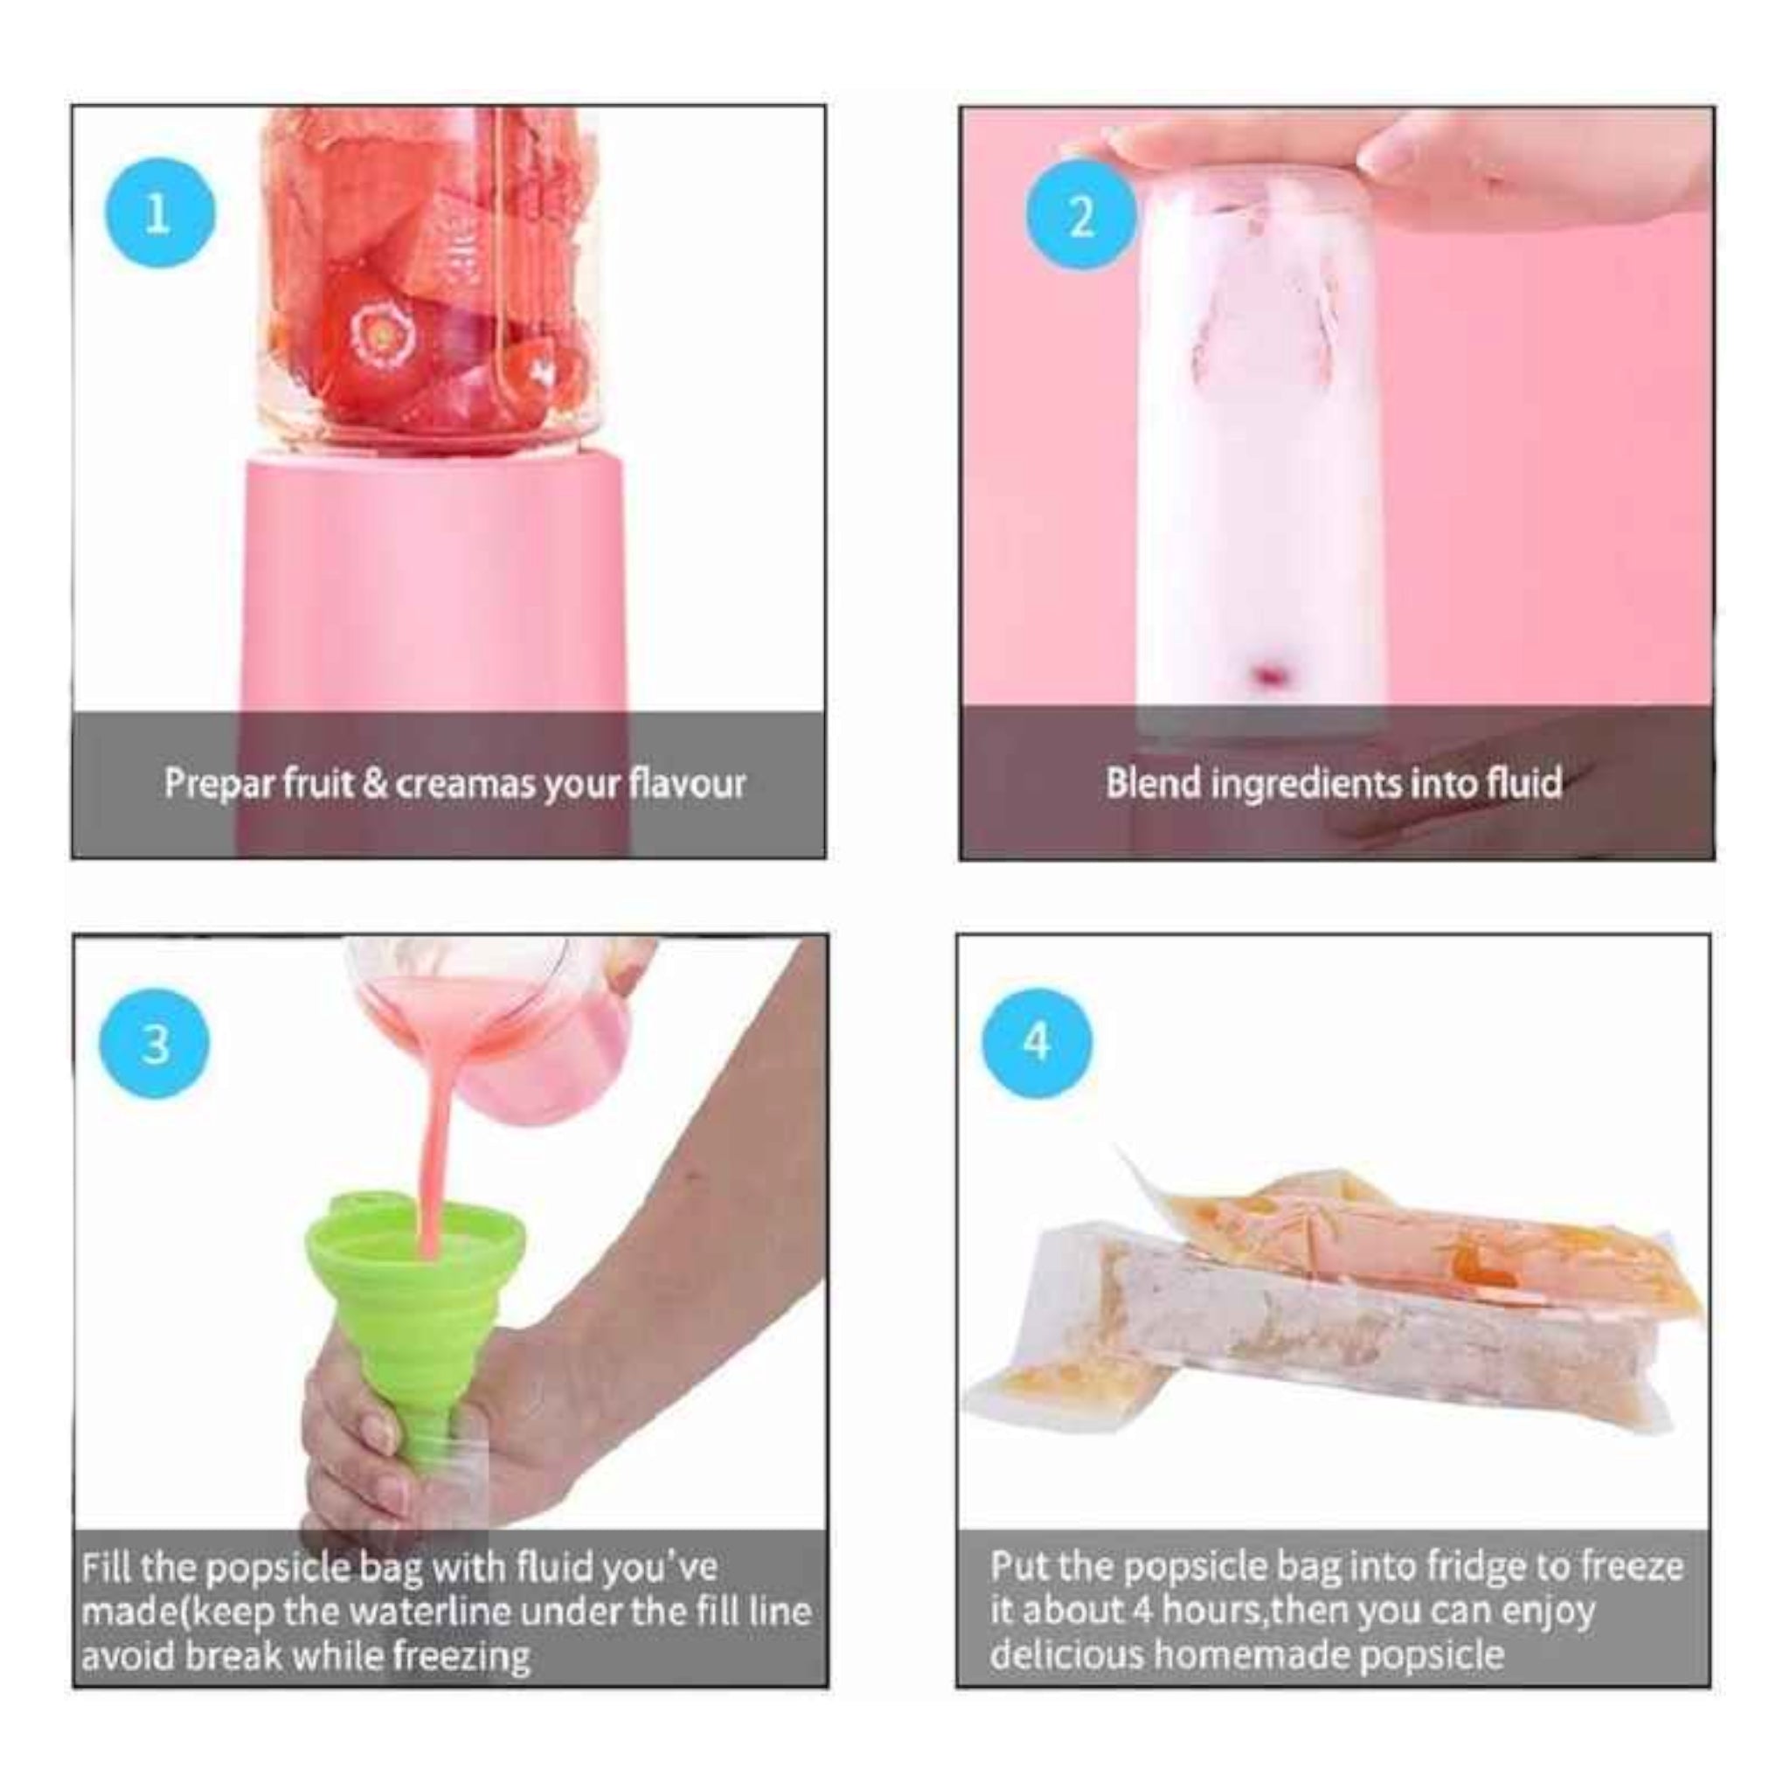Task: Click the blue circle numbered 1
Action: click(158, 214)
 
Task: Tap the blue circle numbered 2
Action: click(1080, 216)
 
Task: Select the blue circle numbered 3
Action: click(155, 1044)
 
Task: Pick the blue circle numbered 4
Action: click(1037, 1043)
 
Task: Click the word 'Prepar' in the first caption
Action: click(220, 784)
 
